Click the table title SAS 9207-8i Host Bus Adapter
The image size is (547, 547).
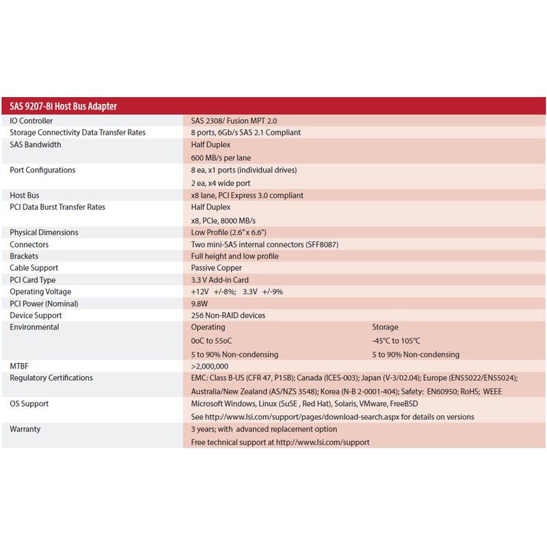pos(63,106)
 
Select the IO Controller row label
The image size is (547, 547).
pos(31,120)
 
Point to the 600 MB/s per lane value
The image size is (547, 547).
pos(221,158)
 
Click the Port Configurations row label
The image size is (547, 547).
pos(42,170)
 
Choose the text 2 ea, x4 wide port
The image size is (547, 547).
pos(221,183)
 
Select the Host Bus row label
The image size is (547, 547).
pos(25,195)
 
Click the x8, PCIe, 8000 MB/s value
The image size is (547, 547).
pos(223,220)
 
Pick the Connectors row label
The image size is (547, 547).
pos(29,244)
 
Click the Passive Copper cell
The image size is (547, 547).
pos(215,268)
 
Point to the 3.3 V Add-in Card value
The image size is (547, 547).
pos(219,280)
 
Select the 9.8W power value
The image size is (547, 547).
pos(200,304)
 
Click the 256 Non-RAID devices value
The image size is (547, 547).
pos(228,315)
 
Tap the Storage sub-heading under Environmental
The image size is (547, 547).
pos(385,328)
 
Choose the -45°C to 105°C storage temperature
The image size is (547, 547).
pos(396,341)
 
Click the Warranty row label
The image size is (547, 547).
pos(25,429)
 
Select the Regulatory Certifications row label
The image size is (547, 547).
pos(51,378)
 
